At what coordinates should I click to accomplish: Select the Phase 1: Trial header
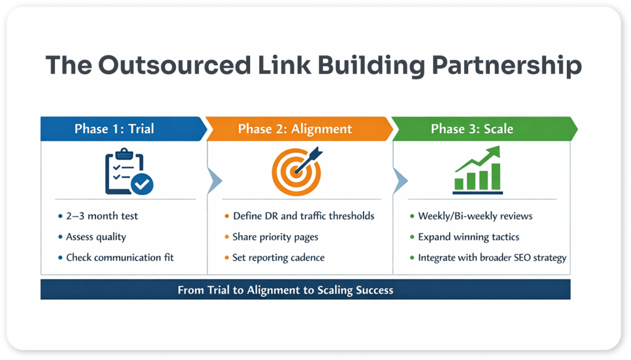(x=115, y=129)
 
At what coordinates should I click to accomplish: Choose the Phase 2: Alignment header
(x=295, y=129)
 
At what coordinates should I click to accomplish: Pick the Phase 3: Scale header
(x=472, y=129)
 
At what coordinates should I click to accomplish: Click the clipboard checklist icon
(x=126, y=171)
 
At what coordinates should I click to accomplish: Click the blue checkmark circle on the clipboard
(x=143, y=183)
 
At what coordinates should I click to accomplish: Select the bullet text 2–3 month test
(x=102, y=216)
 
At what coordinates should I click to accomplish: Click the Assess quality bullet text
(x=96, y=237)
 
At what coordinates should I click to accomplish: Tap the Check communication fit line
(x=120, y=257)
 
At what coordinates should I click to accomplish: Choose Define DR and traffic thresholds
(x=304, y=216)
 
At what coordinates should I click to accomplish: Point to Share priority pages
(x=275, y=237)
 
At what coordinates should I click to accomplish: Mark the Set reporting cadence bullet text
(x=279, y=257)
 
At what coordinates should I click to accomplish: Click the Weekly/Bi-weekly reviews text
(x=475, y=216)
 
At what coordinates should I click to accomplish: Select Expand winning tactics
(x=468, y=237)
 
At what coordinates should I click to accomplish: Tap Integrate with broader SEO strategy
(x=492, y=257)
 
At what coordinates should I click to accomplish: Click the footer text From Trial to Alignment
(x=285, y=290)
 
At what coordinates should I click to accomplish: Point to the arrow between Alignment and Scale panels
(x=399, y=180)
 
